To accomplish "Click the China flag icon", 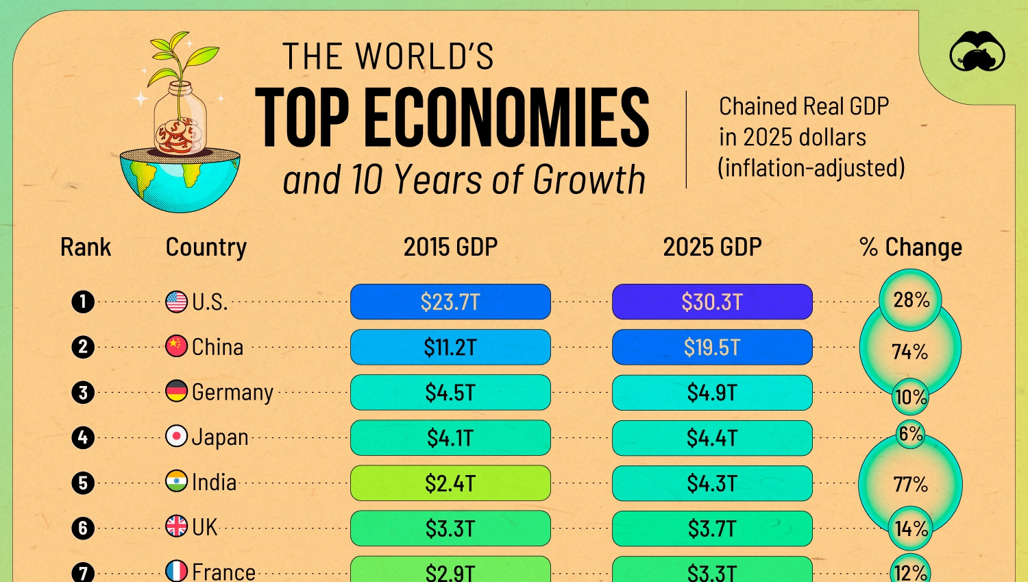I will (x=176, y=346).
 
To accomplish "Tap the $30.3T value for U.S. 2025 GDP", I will (x=712, y=302).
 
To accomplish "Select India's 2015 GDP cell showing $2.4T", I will (x=450, y=483).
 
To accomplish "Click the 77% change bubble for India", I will (x=910, y=485).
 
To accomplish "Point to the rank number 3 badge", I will (x=83, y=393).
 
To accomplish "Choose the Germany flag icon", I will (x=176, y=391).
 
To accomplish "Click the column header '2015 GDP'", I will (x=450, y=247).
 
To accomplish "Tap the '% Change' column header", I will (x=910, y=247).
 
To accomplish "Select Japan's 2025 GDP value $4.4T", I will (x=712, y=438).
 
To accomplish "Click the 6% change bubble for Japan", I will (x=911, y=434).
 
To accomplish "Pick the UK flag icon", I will (x=176, y=526).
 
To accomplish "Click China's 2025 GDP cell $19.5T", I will (x=712, y=348).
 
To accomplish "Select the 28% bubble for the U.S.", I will (x=911, y=300).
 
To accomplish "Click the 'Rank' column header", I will (x=86, y=247).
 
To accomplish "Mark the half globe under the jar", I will (x=180, y=179).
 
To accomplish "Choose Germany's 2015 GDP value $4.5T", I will (x=450, y=393).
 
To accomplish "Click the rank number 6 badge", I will (x=83, y=529).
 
